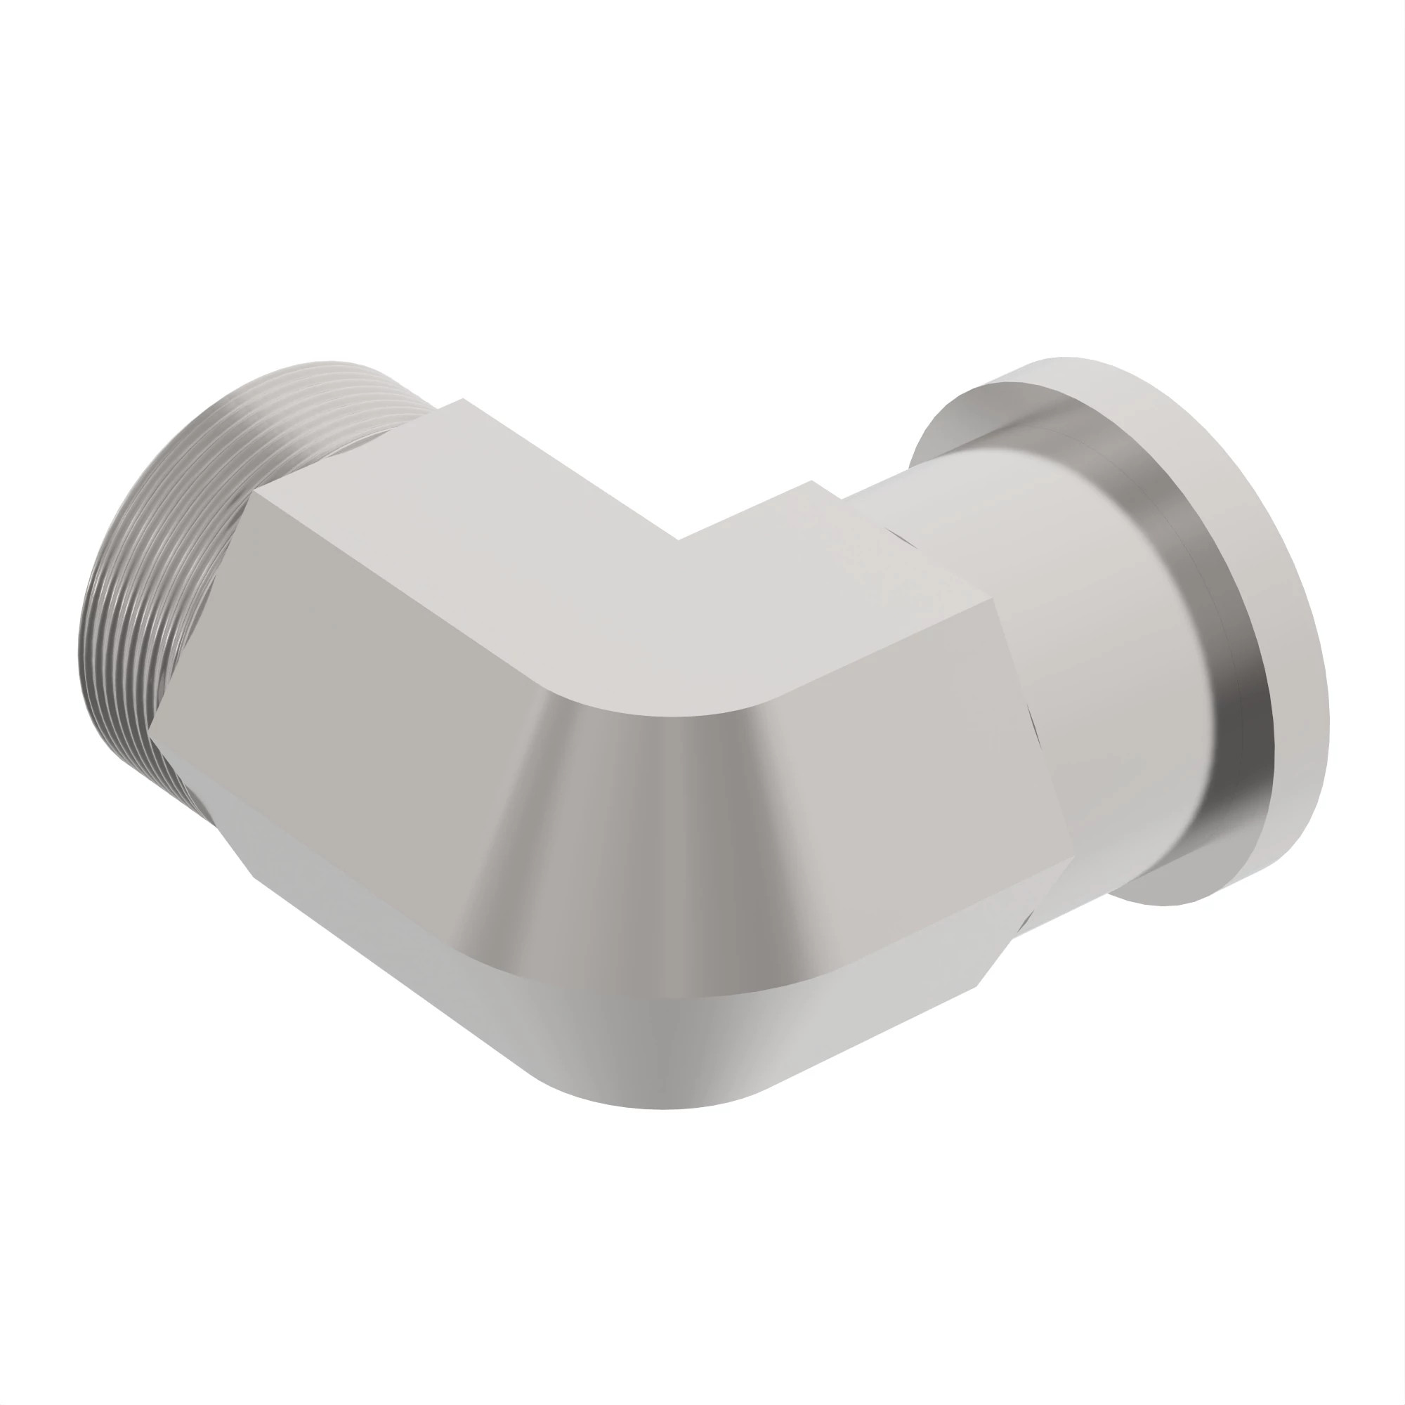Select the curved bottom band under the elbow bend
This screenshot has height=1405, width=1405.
pos(655,1054)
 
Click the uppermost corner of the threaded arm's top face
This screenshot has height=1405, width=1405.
pos(462,399)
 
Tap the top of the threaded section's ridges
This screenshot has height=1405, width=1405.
pos(327,371)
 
